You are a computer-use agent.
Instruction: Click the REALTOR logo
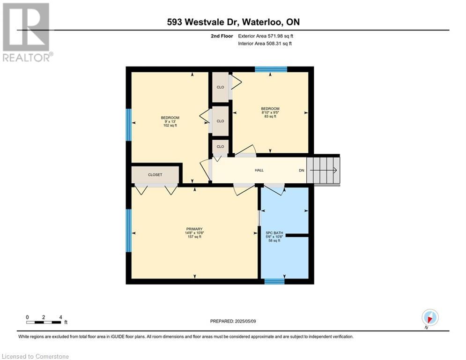coord(27,32)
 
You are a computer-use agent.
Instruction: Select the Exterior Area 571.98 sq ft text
coord(266,36)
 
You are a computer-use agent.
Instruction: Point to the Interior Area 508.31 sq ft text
coord(265,44)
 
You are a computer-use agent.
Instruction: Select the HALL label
coord(259,170)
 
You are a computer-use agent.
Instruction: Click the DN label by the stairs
coord(302,171)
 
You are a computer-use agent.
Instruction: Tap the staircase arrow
coord(323,170)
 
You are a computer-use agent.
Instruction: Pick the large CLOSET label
coord(155,175)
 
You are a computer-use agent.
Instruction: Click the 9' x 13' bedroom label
coord(170,121)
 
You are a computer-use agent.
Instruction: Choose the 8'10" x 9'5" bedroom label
coord(270,112)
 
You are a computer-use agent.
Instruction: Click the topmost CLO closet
coord(220,87)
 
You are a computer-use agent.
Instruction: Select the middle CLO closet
coord(220,121)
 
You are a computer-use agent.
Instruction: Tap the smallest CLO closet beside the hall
coord(220,147)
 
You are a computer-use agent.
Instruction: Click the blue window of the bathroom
coord(274,281)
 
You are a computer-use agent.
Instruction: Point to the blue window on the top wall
coord(271,69)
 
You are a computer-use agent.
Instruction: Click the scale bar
coord(44,322)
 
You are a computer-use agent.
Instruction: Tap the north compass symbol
coord(430,317)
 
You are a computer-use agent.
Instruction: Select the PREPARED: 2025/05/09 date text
coord(233,321)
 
